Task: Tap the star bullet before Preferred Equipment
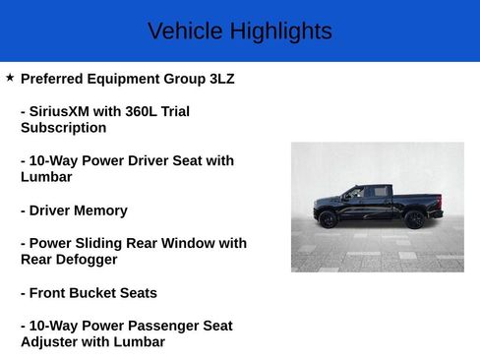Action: [x=10, y=78]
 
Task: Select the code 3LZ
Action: [x=222, y=79]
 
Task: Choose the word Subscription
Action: [x=63, y=128]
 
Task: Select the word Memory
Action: [x=102, y=210]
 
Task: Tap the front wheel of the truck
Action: [x=328, y=219]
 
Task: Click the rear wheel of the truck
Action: [x=415, y=219]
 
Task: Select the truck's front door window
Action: [x=353, y=193]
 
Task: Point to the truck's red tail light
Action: [x=440, y=201]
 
